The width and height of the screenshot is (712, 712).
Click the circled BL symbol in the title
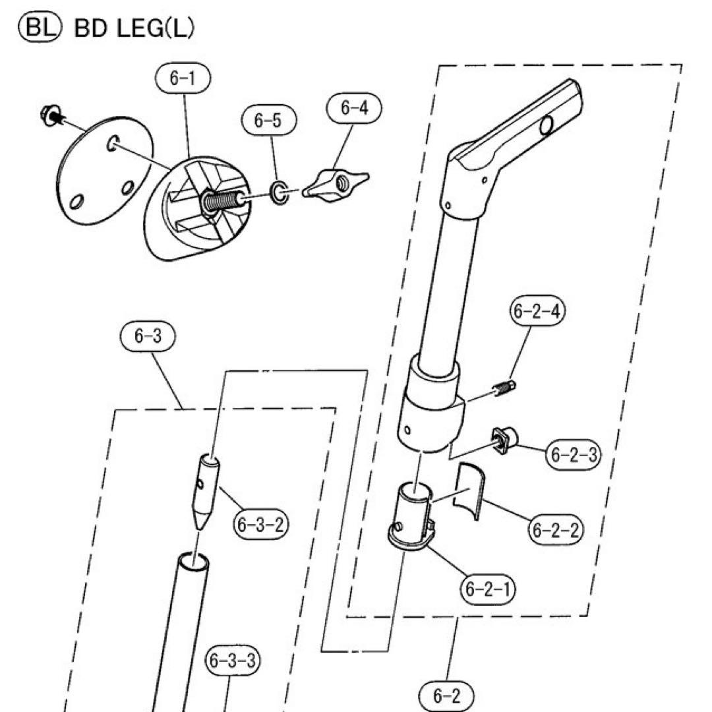point(39,28)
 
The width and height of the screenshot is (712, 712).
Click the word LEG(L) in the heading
point(156,28)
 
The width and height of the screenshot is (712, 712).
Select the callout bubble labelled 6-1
point(183,78)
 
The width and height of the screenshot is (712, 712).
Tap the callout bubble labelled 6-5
point(268,121)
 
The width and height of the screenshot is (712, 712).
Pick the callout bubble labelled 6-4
point(354,108)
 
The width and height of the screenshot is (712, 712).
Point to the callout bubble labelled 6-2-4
point(537,311)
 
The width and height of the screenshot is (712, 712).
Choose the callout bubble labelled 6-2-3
point(573,454)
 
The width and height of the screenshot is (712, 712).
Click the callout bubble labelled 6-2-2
point(556,529)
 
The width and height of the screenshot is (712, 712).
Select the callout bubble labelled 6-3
point(148,336)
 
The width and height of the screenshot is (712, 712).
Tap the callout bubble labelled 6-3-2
point(261,525)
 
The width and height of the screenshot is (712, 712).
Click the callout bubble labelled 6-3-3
point(233,661)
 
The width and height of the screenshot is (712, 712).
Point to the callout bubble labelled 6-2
point(446,696)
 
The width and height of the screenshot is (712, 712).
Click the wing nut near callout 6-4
point(336,183)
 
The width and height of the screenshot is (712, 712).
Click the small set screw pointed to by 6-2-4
point(504,389)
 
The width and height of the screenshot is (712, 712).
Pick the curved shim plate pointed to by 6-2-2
point(469,491)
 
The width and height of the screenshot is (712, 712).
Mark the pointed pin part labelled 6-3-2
point(206,491)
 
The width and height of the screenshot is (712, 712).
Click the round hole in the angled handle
point(547,125)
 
